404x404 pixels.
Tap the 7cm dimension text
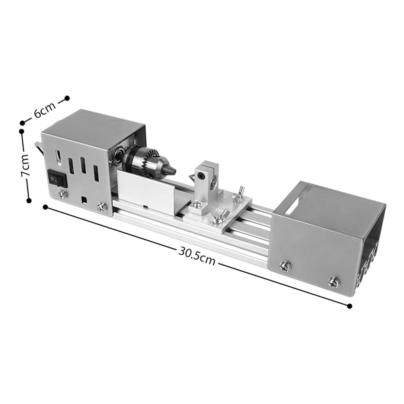coord(25,166)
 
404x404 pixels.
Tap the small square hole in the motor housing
coord(84,200)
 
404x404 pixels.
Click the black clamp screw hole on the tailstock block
coord(200,175)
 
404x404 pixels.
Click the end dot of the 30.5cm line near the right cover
coord(349,306)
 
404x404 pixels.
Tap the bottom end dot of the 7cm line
coord(29,200)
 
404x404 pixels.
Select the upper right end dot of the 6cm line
coord(67,98)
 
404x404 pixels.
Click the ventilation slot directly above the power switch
coord(58,158)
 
